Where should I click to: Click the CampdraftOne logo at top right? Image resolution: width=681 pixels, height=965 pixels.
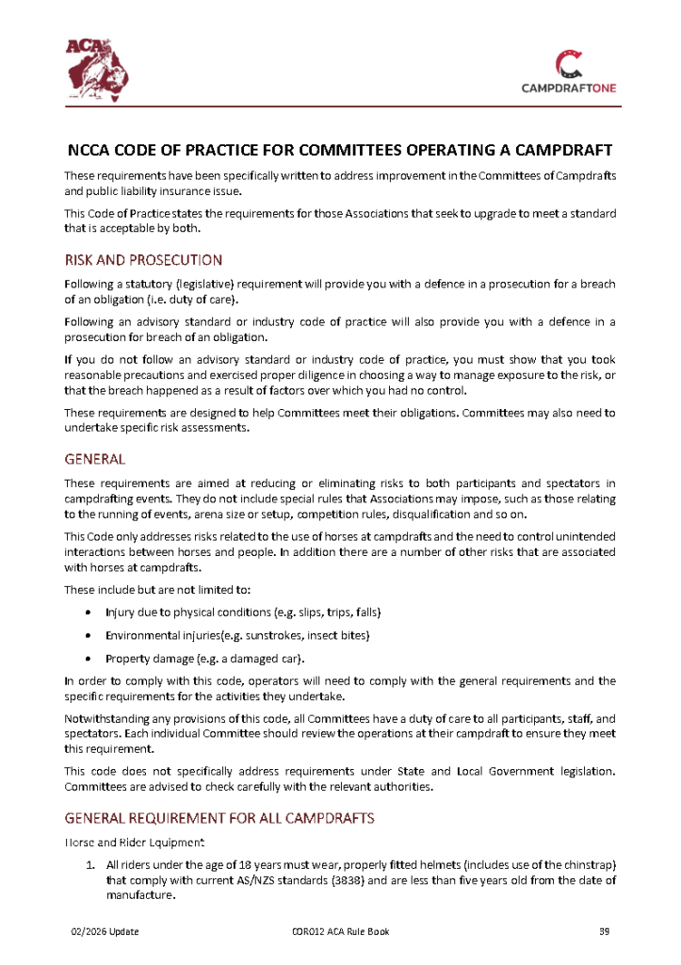pyautogui.click(x=569, y=72)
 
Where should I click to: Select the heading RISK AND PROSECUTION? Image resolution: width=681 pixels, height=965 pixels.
pyautogui.click(x=143, y=260)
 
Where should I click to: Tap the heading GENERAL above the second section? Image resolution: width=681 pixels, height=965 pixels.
pyautogui.click(x=95, y=460)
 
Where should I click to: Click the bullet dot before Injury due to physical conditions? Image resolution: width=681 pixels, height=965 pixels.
pyautogui.click(x=88, y=613)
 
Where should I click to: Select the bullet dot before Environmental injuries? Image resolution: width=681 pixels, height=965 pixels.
pyautogui.click(x=88, y=636)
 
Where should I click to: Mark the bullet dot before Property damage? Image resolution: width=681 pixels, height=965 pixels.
pyautogui.click(x=88, y=659)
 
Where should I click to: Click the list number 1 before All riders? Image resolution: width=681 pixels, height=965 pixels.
pyautogui.click(x=90, y=865)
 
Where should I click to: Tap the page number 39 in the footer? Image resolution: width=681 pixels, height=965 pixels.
pyautogui.click(x=606, y=932)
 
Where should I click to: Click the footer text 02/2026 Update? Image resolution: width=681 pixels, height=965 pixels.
pyautogui.click(x=105, y=932)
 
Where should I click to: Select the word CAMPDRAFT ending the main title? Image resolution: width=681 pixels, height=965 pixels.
pyautogui.click(x=560, y=151)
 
